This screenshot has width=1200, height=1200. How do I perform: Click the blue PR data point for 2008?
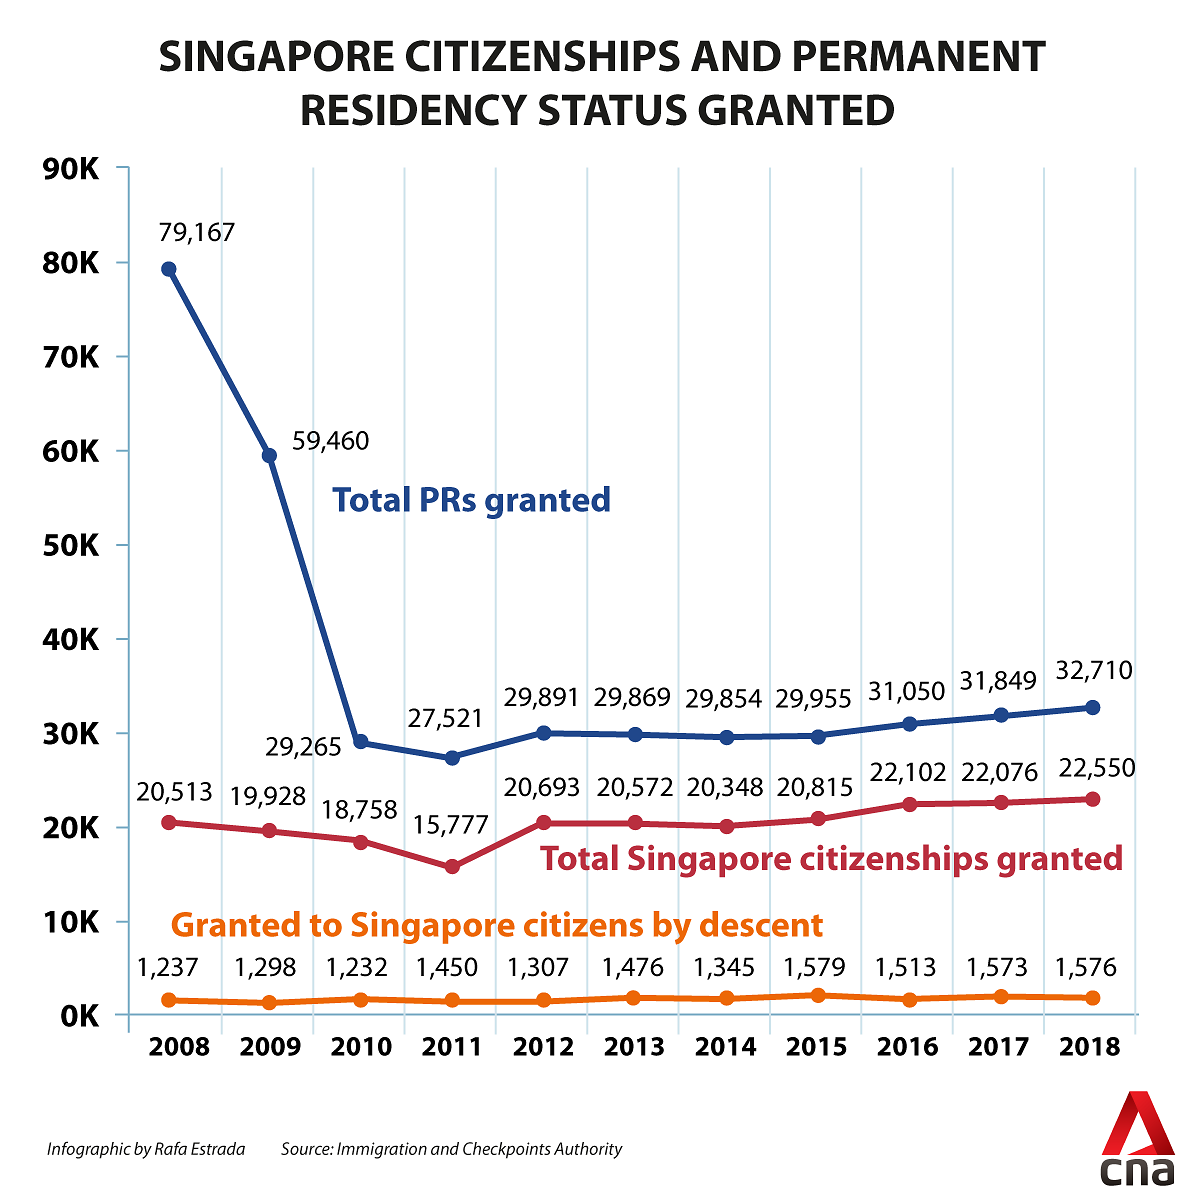point(169,269)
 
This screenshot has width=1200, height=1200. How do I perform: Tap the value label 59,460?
point(330,441)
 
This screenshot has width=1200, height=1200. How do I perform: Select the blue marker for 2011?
point(452,758)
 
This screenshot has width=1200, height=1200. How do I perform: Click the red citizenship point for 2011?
point(452,867)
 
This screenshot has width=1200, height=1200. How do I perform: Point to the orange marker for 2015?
point(819,995)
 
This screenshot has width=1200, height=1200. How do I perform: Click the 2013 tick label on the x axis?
point(635,1047)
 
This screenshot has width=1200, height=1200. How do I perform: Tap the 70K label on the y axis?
point(69,357)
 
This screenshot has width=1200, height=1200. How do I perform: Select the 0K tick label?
point(77,1016)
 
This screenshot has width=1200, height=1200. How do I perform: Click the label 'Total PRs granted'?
point(471,499)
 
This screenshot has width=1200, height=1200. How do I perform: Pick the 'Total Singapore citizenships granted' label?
point(831,858)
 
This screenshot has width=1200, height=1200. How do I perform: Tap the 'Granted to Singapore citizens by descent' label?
point(497,925)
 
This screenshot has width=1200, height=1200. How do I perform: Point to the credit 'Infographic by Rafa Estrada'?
point(146,1149)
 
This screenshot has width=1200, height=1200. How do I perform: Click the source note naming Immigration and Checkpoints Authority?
point(451,1149)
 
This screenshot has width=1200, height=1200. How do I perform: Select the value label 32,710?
point(1094,671)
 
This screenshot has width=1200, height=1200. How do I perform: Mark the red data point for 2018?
point(1093,799)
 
